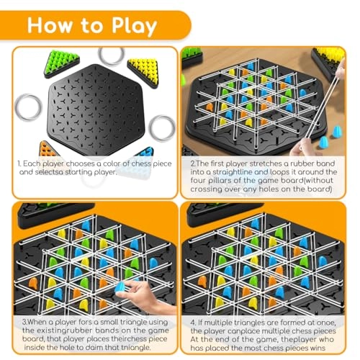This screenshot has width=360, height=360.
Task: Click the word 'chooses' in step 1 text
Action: coord(77,163)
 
